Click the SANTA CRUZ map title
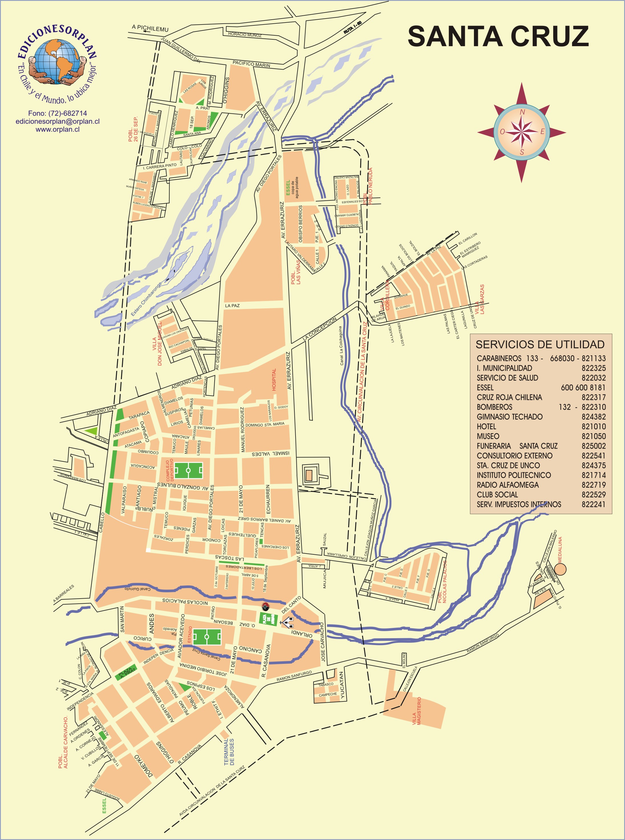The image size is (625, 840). [x=498, y=37]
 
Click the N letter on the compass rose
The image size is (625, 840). [x=522, y=112]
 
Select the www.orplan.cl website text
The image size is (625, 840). [x=58, y=129]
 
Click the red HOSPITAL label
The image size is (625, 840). [x=274, y=379]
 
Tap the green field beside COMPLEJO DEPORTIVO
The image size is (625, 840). [x=188, y=470]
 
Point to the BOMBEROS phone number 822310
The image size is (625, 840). [x=593, y=407]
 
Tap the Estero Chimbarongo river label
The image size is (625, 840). [x=146, y=299]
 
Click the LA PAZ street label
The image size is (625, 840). [x=232, y=305]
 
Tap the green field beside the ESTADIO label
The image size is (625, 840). [x=207, y=637]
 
